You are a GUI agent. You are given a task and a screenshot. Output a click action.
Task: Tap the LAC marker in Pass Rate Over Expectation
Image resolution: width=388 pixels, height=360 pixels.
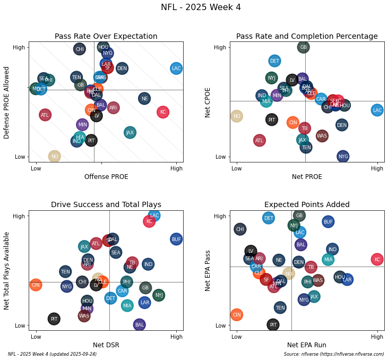tap(176, 68)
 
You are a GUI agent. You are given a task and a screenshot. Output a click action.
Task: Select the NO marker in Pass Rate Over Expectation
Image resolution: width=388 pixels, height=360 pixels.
tap(55, 156)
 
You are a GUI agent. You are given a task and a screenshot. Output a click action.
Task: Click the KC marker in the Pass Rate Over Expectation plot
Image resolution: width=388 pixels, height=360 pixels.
tap(163, 112)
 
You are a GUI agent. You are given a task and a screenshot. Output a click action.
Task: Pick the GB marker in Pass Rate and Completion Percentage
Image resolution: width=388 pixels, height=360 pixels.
tap(304, 47)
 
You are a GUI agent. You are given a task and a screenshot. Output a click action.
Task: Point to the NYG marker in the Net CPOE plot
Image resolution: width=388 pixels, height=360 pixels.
tap(343, 156)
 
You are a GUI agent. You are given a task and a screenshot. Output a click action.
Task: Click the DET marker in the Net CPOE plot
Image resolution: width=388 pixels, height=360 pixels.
tap(274, 61)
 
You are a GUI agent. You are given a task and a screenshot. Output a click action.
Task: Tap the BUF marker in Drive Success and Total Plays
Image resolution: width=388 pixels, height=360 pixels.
tap(176, 239)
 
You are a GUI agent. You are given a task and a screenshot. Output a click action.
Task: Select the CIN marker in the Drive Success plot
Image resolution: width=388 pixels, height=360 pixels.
tap(36, 285)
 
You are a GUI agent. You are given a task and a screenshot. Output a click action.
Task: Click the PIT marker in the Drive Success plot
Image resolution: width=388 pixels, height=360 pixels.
tap(54, 319)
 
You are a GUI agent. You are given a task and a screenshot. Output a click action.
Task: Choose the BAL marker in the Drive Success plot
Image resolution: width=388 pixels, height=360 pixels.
tap(140, 324)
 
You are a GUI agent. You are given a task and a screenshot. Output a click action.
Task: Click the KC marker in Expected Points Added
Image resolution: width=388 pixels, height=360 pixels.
tap(377, 260)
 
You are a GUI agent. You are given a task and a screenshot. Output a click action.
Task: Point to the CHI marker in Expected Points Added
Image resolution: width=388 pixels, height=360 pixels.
tap(240, 229)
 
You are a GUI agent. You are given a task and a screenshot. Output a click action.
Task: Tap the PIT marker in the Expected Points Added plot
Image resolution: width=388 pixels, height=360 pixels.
tap(273, 324)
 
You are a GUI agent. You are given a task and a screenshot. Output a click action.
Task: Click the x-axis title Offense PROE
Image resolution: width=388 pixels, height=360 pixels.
tap(106, 177)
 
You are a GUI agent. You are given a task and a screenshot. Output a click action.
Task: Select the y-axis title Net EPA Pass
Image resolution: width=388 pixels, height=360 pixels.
tap(209, 270)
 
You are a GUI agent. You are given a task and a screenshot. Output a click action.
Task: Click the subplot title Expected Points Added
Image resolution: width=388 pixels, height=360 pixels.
tap(307, 204)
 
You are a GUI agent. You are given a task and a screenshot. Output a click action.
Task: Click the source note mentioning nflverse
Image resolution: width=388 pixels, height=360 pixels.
tap(334, 354)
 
